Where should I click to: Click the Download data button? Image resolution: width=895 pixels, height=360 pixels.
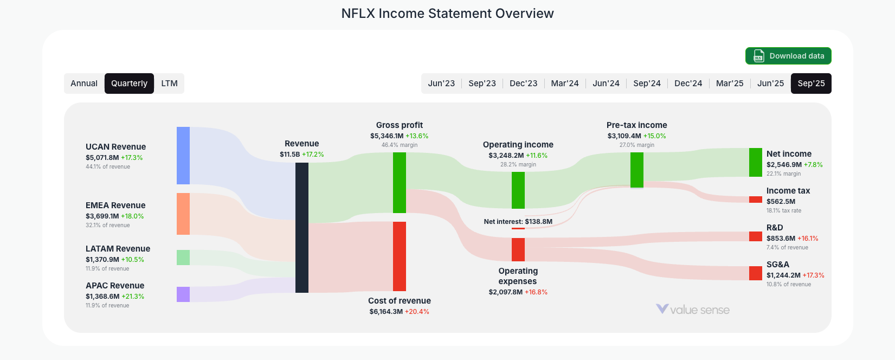[x=788, y=56]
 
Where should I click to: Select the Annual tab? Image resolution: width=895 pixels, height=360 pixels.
[x=84, y=83]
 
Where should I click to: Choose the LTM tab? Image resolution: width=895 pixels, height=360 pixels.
[x=169, y=83]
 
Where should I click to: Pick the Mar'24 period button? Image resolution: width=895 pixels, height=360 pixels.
[x=564, y=83]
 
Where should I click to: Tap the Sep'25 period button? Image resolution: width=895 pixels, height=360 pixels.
[x=811, y=83]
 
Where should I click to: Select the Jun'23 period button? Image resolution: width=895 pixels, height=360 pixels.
[x=441, y=83]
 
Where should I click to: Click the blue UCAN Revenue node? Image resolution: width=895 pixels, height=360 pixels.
[x=183, y=156]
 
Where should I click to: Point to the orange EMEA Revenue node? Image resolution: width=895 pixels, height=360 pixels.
[x=183, y=214]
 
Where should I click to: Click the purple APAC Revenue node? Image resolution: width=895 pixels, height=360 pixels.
[x=183, y=294]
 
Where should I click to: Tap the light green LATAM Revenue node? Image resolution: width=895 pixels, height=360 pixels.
[x=183, y=258]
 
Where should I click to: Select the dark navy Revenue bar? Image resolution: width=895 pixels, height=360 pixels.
[x=302, y=228]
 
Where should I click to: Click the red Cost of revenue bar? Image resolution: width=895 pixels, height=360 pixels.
[x=400, y=256]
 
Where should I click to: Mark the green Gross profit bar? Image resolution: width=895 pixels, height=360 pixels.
[x=400, y=183]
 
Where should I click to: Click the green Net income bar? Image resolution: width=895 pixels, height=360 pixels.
[x=756, y=162]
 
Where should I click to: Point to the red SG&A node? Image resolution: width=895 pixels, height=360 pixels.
[x=756, y=273]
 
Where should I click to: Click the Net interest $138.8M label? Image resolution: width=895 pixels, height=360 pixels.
[x=518, y=221]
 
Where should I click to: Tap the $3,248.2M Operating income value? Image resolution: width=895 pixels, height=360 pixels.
[x=506, y=156]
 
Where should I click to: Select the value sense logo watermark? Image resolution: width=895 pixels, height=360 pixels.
[x=693, y=310]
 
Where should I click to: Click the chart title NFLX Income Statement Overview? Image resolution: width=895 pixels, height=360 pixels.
[x=447, y=14]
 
